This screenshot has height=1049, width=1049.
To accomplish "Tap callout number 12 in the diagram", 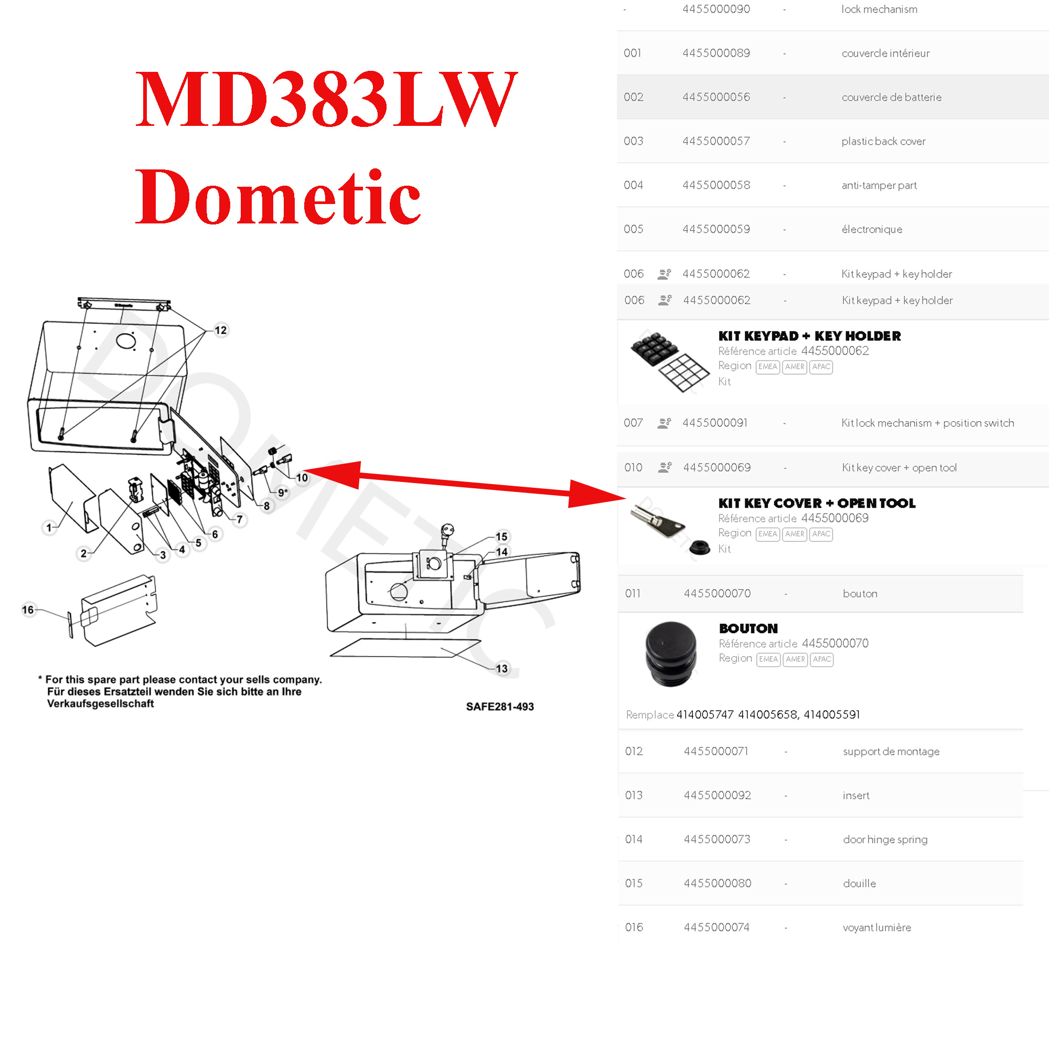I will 220,330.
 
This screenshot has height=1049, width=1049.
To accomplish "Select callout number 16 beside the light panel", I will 28,610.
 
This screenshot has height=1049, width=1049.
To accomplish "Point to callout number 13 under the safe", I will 502,668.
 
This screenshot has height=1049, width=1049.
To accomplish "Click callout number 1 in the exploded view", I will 49,527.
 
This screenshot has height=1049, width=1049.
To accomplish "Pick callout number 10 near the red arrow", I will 302,478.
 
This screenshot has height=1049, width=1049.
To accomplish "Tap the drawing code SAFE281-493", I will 499,707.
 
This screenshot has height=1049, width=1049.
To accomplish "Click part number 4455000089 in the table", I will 716,53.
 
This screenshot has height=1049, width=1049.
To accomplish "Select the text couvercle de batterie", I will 892,97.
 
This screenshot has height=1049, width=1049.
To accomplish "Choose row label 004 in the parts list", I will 633,185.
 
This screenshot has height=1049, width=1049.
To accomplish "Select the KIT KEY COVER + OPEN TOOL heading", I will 817,504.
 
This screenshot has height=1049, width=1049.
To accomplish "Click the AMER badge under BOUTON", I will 796,659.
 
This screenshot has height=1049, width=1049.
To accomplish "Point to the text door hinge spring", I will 885,839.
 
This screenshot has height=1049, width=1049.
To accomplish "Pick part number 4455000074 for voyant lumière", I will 716,927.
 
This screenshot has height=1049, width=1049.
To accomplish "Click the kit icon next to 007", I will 664,423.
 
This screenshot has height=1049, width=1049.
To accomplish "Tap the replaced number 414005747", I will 705,714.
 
